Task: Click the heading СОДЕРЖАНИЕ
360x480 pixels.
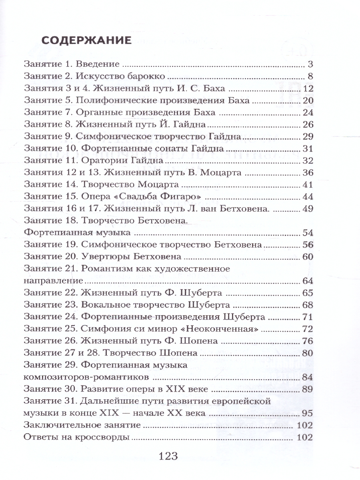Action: point(86,41)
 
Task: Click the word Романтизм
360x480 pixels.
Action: point(103,268)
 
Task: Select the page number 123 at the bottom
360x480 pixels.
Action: point(168,456)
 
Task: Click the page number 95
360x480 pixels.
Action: point(307,413)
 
